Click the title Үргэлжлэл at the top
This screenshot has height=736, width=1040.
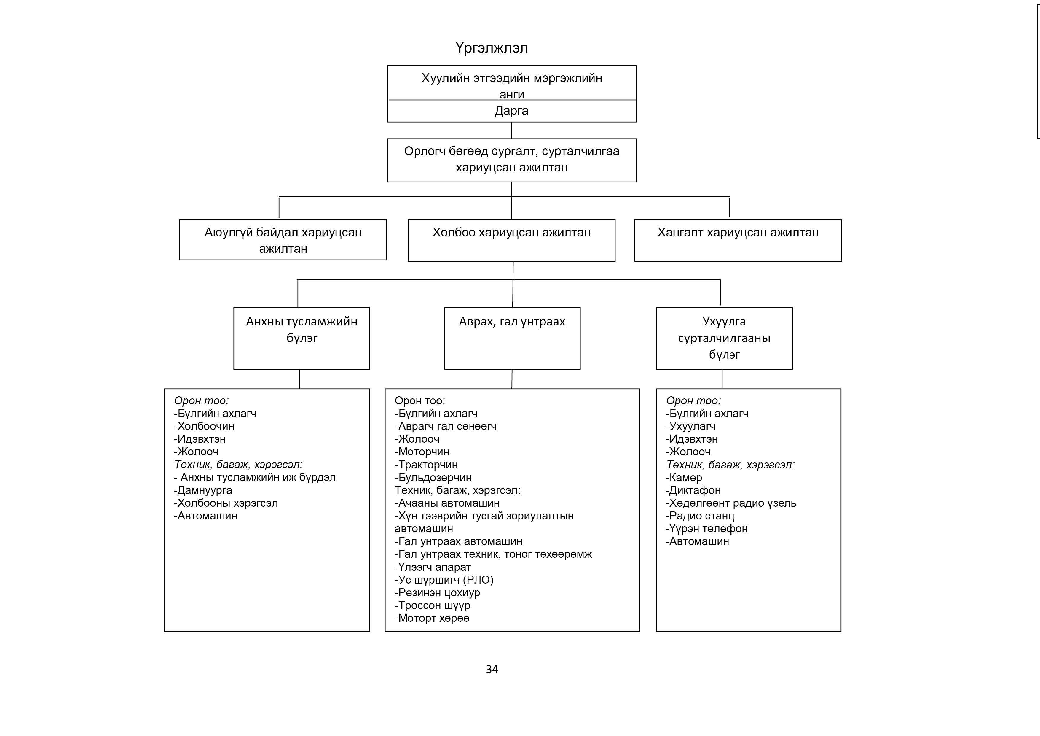(x=492, y=48)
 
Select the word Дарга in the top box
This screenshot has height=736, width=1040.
(x=511, y=111)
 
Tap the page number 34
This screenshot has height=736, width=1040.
(x=492, y=669)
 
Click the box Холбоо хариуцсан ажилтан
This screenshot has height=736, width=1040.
(x=511, y=240)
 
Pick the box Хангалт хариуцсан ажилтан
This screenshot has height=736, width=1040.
(x=738, y=240)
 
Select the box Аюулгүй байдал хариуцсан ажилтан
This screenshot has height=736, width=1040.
(x=283, y=240)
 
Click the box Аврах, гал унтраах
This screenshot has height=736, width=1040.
(x=512, y=338)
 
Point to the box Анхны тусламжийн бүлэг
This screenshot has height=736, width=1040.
(x=302, y=338)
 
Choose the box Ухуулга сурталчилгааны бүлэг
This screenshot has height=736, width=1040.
(x=724, y=338)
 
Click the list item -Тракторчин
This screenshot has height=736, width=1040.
(x=426, y=465)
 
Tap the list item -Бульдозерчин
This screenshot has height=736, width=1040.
(x=433, y=477)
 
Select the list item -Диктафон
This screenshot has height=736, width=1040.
(x=693, y=490)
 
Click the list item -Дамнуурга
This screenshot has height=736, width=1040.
(x=203, y=490)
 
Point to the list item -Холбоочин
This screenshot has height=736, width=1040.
(x=204, y=426)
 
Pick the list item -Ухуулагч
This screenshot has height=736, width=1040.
(x=691, y=426)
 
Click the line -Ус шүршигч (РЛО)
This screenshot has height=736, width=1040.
(x=444, y=580)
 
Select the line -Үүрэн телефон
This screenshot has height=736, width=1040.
(x=706, y=528)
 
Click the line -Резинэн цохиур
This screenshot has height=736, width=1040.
(x=437, y=592)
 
